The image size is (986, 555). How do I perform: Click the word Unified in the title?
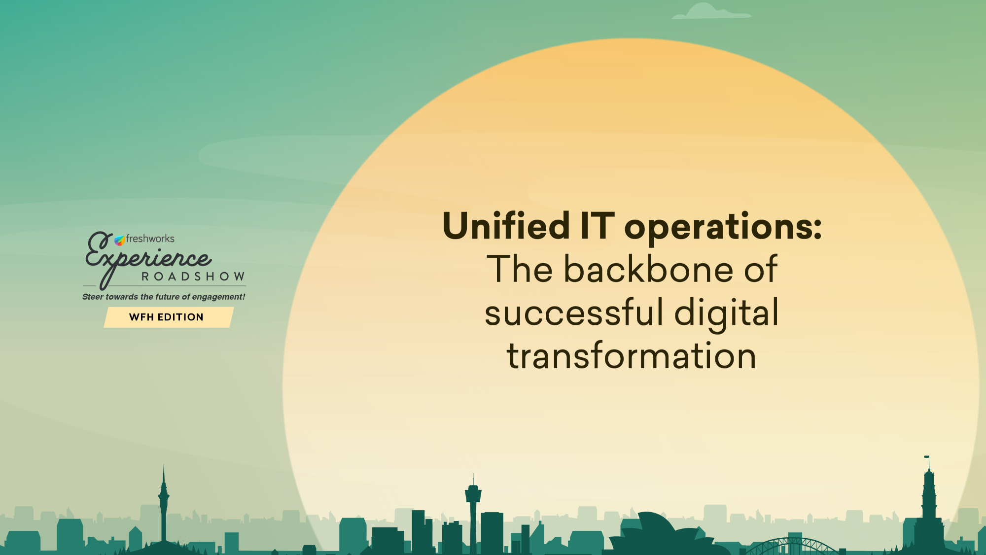(x=506, y=226)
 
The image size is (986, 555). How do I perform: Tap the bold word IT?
(x=598, y=226)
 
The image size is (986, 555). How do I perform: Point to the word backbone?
(x=648, y=269)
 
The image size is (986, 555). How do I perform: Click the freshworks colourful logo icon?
(x=120, y=241)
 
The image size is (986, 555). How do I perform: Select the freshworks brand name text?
(x=150, y=239)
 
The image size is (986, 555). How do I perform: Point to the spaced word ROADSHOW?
(x=193, y=277)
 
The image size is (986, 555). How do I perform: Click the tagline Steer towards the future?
(x=164, y=297)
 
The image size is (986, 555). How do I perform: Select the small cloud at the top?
(x=711, y=11)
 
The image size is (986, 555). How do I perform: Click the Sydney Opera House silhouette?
(x=661, y=534)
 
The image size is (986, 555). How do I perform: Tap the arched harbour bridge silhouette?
(x=792, y=546)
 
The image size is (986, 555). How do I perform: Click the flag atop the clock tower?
(x=926, y=457)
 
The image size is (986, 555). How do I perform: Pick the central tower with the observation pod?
(x=473, y=513)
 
